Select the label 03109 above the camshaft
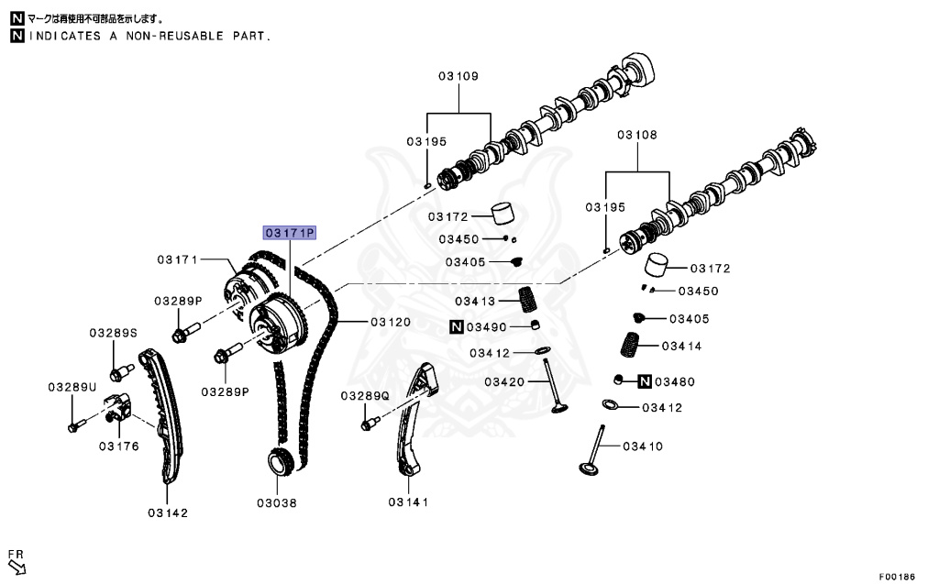pos(458,76)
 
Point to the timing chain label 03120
pos(391,323)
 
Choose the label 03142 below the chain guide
pos(168,512)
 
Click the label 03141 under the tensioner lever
pos(408,501)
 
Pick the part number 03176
pos(119,446)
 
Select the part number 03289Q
pos(365,395)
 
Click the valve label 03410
pos(643,446)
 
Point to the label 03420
pos(505,381)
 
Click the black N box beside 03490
pos(456,326)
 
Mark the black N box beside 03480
pos(645,381)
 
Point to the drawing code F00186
pos(897,577)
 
